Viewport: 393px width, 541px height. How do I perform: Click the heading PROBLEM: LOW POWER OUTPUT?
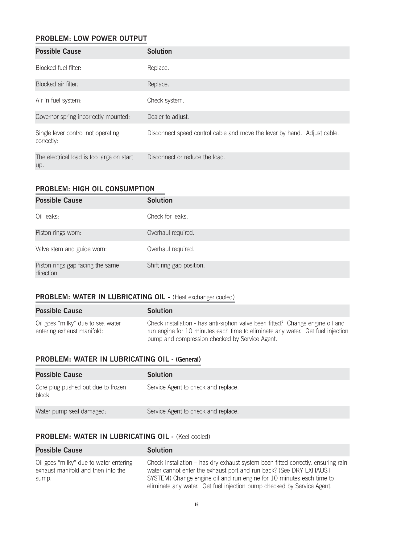coord(91,39)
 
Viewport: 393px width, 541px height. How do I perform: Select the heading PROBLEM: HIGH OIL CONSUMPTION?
coord(95,189)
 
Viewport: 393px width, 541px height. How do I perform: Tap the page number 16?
coord(196,505)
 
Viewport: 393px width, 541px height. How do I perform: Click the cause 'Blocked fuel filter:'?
coord(58,68)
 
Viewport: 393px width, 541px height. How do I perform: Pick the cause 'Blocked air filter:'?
coord(57,84)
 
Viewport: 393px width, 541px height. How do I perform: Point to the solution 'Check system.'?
coord(166,101)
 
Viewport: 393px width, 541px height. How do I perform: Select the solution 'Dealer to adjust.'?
coord(168,117)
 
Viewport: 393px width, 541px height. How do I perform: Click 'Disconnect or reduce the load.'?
coord(186,157)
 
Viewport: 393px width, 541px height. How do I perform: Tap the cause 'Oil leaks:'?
coord(47,217)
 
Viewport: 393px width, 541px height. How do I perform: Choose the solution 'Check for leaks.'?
coord(167,217)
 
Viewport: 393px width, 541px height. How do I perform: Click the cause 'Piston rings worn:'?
coord(58,233)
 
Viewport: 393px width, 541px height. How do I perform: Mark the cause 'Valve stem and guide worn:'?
coord(71,249)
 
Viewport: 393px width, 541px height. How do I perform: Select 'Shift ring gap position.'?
coord(176,265)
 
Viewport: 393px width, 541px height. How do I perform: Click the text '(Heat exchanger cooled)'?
coord(204,297)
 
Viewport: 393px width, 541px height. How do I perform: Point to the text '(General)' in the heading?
coord(188,359)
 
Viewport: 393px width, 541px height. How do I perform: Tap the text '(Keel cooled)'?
coord(193,437)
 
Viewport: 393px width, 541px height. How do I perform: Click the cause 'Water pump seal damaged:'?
coord(71,411)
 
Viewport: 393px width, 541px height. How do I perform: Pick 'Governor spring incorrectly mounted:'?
coord(83,117)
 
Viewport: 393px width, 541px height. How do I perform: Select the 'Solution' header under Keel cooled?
coord(160,450)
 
